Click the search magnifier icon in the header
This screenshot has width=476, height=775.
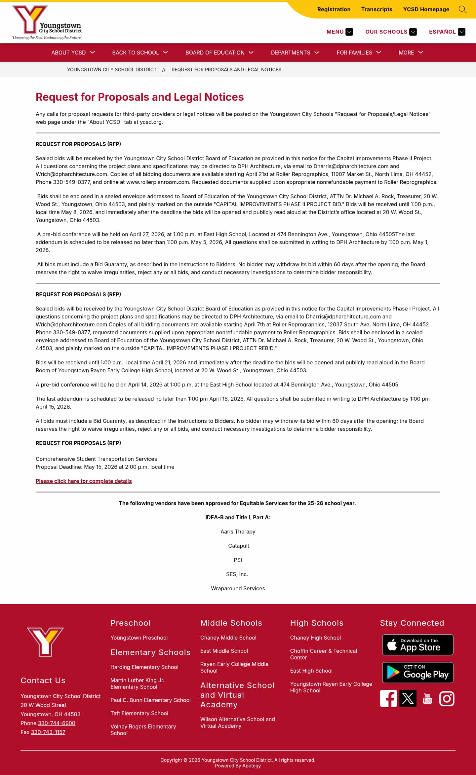[462, 10]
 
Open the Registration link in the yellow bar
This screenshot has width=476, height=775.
[334, 10]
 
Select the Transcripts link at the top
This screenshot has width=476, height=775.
[377, 10]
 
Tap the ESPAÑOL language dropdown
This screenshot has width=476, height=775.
[447, 32]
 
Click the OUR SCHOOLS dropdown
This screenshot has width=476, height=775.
[390, 32]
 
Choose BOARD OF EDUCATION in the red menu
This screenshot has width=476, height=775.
[219, 53]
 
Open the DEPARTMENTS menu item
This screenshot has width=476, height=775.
[295, 53]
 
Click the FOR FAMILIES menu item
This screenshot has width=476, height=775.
[359, 53]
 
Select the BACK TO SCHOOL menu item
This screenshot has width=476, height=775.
[140, 53]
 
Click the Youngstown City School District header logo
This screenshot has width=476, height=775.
[47, 22]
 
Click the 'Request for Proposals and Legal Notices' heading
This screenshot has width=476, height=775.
[139, 97]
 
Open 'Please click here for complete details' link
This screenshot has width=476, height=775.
[84, 481]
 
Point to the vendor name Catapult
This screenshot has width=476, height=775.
[238, 546]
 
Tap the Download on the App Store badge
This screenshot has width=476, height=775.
[417, 645]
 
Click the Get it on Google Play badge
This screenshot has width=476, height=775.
[417, 673]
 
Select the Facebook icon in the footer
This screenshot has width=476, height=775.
[388, 698]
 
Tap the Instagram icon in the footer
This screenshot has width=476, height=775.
[447, 698]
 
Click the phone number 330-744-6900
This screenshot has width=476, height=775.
[57, 723]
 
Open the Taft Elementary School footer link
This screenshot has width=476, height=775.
[139, 713]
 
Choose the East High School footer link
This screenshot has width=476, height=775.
[311, 671]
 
